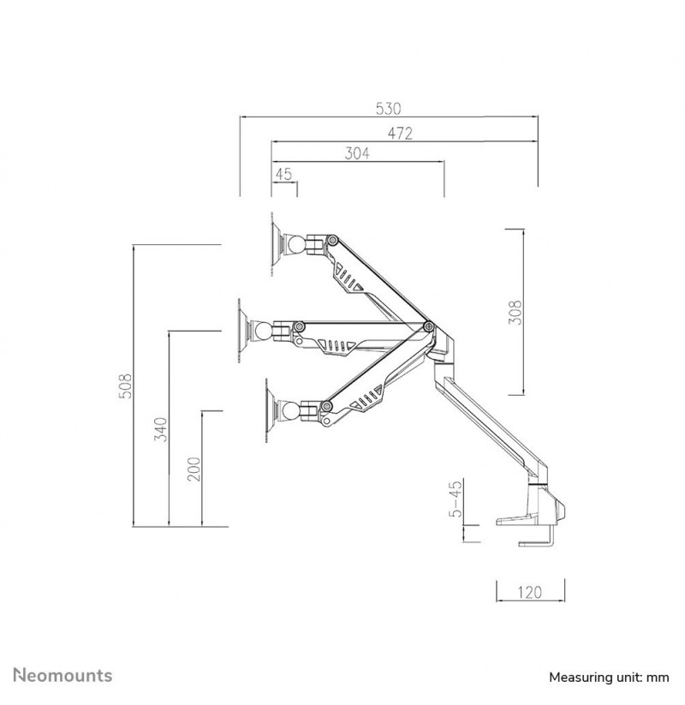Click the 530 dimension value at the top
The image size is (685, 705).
pyautogui.click(x=388, y=108)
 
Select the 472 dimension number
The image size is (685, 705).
pyautogui.click(x=400, y=133)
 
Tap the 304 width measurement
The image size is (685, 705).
pyautogui.click(x=357, y=153)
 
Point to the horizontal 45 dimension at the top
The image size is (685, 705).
pyautogui.click(x=283, y=174)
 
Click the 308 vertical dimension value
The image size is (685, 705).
pyautogui.click(x=515, y=312)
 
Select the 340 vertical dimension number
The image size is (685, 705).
pyautogui.click(x=160, y=429)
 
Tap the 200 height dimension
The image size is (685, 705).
pyautogui.click(x=194, y=469)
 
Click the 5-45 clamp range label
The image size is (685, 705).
pyautogui.click(x=456, y=499)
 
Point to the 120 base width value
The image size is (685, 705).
pyautogui.click(x=529, y=592)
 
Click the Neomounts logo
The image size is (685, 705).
pyautogui.click(x=63, y=675)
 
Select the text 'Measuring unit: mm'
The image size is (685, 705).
pyautogui.click(x=609, y=677)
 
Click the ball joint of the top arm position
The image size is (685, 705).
pyautogui.click(x=297, y=245)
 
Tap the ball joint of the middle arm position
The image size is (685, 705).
pyautogui.click(x=264, y=331)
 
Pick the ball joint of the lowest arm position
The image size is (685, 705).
pyautogui.click(x=292, y=410)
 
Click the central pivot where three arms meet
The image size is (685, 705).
pyautogui.click(x=428, y=326)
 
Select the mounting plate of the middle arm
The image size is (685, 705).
pyautogui.click(x=241, y=331)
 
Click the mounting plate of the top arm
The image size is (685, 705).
pyautogui.click(x=274, y=244)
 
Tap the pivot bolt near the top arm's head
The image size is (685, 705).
pyautogui.click(x=332, y=240)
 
